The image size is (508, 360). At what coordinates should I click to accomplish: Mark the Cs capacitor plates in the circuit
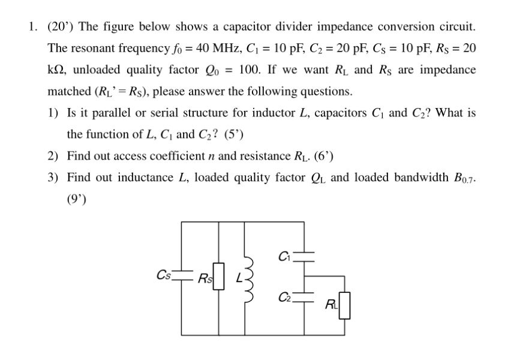coord(181,276)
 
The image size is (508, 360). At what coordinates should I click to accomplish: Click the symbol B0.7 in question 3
coord(462,178)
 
